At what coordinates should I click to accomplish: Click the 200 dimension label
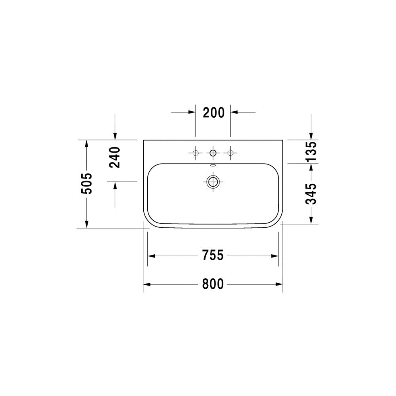[x=214, y=112]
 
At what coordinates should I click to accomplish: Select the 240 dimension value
[x=115, y=158]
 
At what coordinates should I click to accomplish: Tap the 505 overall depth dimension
[x=87, y=184]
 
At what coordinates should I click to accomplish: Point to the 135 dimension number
[x=311, y=152]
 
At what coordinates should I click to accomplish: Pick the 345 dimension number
[x=311, y=194]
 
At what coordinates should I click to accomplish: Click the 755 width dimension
[x=213, y=255]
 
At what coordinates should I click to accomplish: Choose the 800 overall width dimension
[x=213, y=284]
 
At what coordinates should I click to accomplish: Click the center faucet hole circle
[x=213, y=152]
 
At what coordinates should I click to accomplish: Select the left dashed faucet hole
[x=196, y=153]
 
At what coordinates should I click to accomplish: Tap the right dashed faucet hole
[x=230, y=153]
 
